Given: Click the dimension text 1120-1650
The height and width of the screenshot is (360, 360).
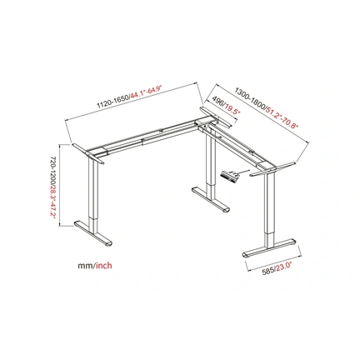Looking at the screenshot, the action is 113,101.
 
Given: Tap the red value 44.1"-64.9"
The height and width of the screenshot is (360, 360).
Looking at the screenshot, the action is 147,92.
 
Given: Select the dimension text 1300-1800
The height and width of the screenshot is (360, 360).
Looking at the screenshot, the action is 251,99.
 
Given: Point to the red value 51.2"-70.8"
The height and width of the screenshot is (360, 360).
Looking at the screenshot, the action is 282,117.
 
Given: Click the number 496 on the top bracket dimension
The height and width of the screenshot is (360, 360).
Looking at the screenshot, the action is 218,102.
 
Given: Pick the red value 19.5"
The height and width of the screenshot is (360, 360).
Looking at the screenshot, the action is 232,109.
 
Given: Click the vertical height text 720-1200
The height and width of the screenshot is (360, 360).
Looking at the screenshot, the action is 52,171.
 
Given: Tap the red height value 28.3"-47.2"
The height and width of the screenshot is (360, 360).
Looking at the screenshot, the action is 52,202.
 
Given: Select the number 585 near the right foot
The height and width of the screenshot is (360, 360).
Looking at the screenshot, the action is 268,271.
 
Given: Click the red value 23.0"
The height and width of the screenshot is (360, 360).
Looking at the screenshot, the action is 283,267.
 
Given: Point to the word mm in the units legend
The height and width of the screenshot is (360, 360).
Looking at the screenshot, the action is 86,266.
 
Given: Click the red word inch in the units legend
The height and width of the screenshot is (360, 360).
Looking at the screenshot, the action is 104,265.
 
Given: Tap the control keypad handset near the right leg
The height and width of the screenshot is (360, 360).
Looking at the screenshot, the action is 229,176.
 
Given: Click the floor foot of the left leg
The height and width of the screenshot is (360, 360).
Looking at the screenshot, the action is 93,233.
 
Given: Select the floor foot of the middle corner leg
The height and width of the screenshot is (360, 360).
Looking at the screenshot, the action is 211,199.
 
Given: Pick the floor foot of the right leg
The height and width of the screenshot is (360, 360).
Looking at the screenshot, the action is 269,248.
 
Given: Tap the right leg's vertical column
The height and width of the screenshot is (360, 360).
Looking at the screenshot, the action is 269,210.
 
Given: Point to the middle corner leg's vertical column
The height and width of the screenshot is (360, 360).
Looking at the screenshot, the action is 210,164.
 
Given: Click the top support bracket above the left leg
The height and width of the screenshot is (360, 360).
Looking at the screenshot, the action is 88,153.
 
